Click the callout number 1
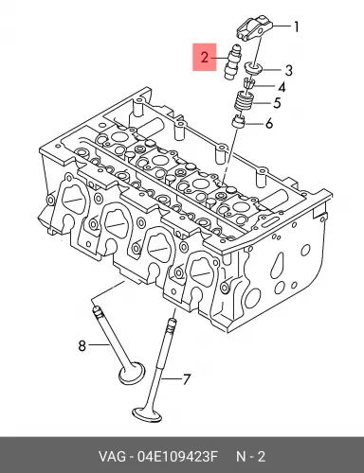pos(296,27)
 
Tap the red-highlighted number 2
pos(205,58)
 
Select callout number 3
pos(289,71)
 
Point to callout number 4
pos(282,87)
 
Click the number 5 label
pos(277,103)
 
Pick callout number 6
pos(269,124)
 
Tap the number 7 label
pos(187,379)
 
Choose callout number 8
pos(82,345)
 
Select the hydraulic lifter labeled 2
pos(231,62)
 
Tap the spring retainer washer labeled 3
pos(253,68)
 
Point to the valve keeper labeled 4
pos(249,83)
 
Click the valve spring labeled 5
pos(244,101)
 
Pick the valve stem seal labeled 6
pos(239,122)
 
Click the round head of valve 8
pos(132,373)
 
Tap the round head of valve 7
pos(147,414)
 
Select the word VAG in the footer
pos(112,457)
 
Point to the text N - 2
pos(251,457)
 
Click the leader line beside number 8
pos(99,345)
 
